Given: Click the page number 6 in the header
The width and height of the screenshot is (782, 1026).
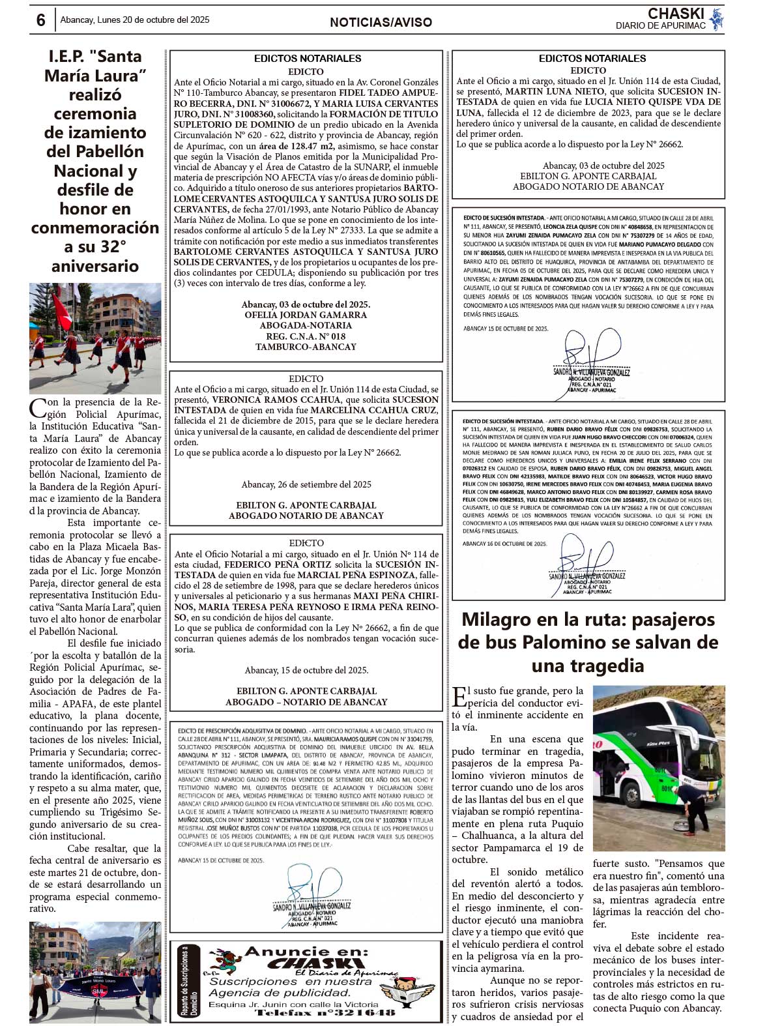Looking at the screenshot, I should coord(40,20).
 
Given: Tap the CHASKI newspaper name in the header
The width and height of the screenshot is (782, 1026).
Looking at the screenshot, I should coord(676,14).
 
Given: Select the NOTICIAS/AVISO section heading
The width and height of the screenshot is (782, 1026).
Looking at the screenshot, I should coord(381,22).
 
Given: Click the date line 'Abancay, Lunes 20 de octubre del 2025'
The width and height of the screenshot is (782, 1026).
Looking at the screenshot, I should coord(135,20).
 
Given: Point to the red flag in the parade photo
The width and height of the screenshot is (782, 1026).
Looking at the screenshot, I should coord(61,310).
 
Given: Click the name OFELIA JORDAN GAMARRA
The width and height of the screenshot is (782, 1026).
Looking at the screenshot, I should coord(306,315).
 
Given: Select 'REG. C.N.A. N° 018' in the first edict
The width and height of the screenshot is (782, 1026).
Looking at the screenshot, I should coord(306,336).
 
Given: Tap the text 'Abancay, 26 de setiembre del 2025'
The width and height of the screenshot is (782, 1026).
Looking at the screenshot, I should coord(306,484).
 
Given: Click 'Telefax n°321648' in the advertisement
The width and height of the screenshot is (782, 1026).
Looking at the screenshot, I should coord(325,1012).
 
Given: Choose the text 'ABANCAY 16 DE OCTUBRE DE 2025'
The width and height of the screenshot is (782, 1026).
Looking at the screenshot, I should coord(505,543).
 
